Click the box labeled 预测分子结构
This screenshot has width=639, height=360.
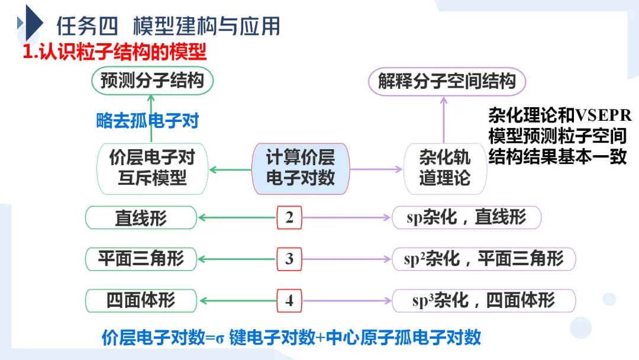point(152,81)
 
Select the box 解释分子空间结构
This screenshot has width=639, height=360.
point(447,81)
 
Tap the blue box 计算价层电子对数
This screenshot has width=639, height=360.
point(301,169)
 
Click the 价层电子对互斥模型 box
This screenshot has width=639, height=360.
point(152,169)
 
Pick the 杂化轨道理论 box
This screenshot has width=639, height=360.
point(445,169)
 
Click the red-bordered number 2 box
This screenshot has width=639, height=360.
point(289,218)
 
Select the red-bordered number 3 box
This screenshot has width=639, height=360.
point(289,259)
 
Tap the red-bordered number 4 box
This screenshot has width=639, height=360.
point(289,301)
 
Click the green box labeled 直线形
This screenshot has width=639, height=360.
point(141,218)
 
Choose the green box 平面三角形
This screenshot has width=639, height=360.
point(141,259)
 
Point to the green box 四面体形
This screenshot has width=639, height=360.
point(141,301)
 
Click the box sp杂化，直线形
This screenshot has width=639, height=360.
point(466,218)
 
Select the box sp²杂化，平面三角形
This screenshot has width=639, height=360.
point(483,259)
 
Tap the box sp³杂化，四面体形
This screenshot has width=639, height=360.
point(483,301)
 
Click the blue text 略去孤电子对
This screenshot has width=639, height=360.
point(147,121)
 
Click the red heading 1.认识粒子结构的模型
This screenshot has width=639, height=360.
point(114,52)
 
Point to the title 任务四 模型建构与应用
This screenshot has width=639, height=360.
point(168,27)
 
